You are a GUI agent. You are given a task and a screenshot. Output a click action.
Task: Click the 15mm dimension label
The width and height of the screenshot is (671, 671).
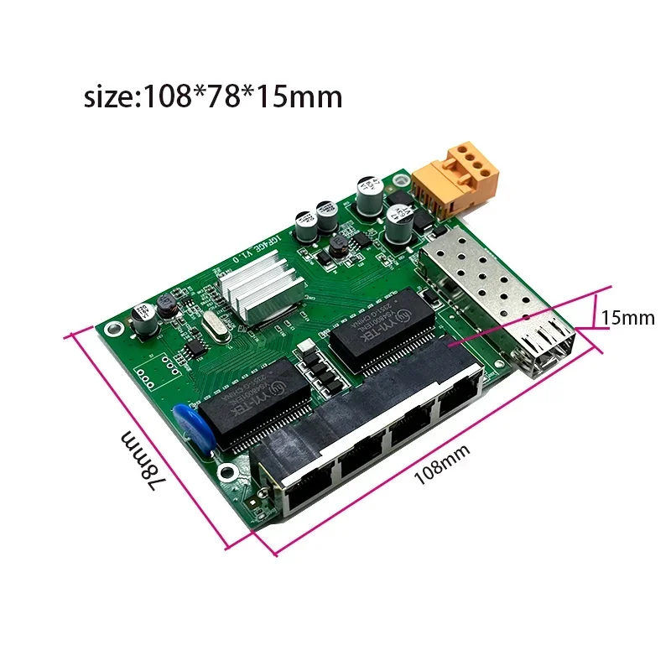[627, 319]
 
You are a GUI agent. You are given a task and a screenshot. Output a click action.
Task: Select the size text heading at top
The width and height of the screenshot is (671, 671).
[213, 96]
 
